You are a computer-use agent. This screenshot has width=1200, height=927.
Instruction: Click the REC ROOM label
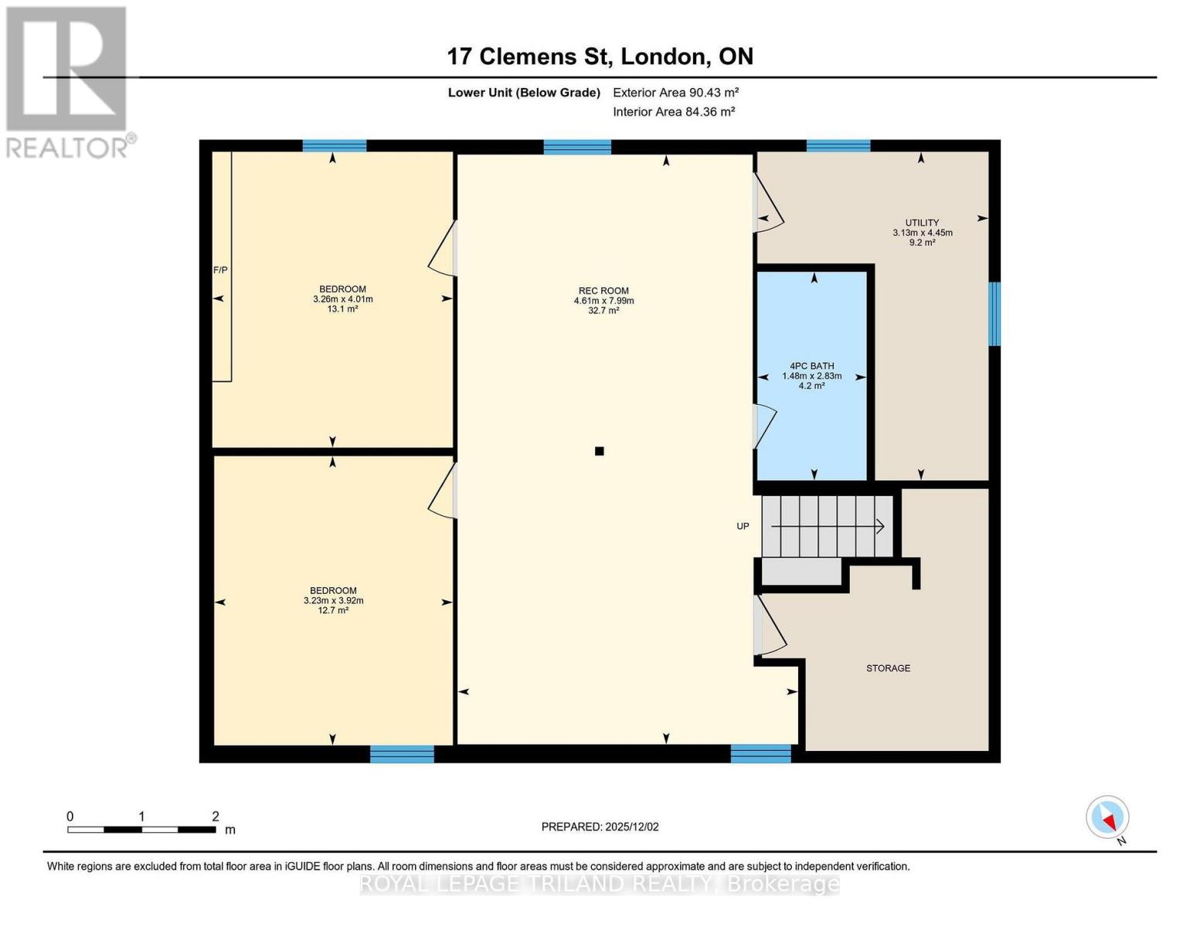(603, 291)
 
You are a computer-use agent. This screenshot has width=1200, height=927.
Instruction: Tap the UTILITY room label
(922, 222)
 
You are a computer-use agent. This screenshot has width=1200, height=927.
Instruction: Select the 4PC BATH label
(811, 366)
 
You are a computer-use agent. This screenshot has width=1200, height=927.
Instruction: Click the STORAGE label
(888, 668)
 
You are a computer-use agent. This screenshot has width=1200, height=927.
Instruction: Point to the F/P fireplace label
(220, 270)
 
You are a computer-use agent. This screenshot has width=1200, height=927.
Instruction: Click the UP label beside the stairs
(743, 526)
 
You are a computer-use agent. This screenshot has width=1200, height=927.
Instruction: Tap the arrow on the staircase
(828, 526)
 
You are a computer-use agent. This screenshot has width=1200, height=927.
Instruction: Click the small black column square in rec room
(599, 451)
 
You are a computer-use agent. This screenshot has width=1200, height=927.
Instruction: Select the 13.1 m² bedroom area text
(342, 309)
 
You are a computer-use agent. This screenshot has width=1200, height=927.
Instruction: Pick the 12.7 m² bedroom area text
(333, 610)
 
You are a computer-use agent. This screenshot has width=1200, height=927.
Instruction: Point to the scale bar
(141, 830)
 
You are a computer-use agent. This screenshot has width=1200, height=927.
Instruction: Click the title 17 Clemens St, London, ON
(600, 56)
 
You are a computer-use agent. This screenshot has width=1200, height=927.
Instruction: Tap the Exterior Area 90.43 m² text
(675, 92)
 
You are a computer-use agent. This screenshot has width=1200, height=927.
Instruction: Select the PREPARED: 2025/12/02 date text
(600, 827)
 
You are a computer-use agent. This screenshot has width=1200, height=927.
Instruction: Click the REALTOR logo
(68, 81)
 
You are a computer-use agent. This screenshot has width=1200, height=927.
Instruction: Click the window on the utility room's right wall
(995, 314)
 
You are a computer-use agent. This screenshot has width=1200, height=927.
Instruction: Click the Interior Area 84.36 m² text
(673, 111)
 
